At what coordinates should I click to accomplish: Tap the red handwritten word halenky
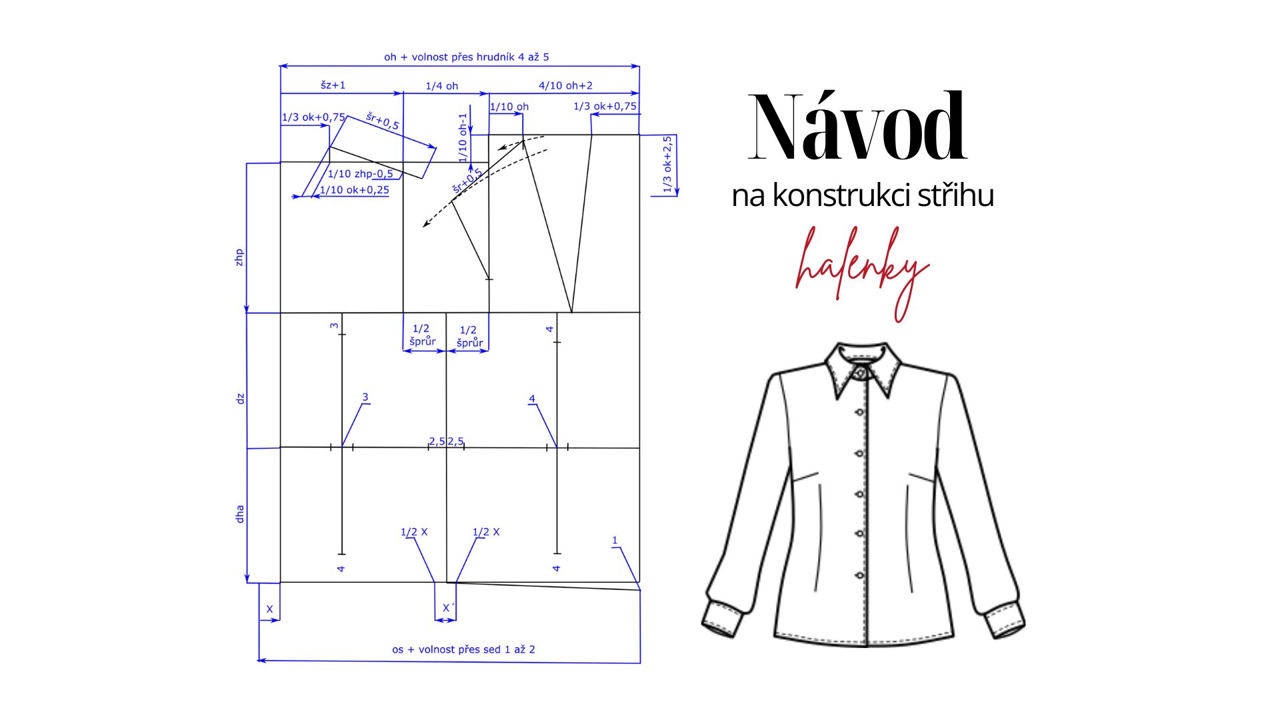[861, 267]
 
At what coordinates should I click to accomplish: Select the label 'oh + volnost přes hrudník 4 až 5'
[466, 57]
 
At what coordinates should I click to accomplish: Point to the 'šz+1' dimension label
[333, 85]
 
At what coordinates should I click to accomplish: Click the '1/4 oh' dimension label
[441, 86]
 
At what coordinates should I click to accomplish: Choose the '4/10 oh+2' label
[565, 85]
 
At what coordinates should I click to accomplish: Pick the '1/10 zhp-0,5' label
[360, 174]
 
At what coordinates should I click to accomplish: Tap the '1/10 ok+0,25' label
[354, 190]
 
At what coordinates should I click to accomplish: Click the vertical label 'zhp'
[239, 257]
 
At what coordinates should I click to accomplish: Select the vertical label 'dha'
[240, 513]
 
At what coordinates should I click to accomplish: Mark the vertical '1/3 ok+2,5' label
[667, 164]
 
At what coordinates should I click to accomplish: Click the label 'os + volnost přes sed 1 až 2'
[463, 649]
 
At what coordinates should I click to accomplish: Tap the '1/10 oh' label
[509, 107]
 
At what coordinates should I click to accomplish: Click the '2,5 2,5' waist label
[446, 441]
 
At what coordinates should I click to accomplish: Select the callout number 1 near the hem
[615, 541]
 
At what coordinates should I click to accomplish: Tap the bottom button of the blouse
[859, 575]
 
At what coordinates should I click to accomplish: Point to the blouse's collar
[863, 370]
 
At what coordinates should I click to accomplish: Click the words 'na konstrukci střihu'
[863, 196]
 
